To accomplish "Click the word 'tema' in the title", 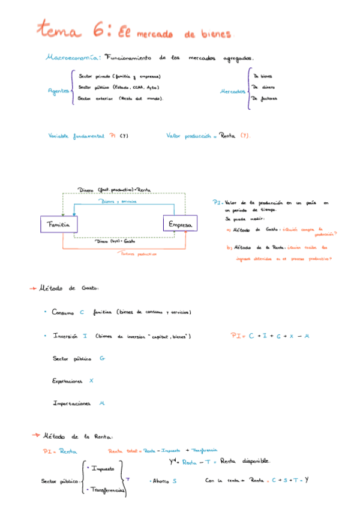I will [x=60, y=29].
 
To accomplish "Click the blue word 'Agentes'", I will [x=58, y=91].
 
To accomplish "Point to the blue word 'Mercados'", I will [x=233, y=91].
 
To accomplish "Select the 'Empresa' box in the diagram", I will [x=180, y=224].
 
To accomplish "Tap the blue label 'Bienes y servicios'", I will [x=119, y=202].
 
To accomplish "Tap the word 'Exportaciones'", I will [x=68, y=381].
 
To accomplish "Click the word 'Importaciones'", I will [x=71, y=403].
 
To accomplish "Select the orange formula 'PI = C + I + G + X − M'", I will [x=269, y=336].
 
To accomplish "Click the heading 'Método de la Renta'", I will [x=77, y=436].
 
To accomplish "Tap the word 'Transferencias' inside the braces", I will [x=106, y=490].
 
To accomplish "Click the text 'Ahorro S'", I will [x=164, y=481].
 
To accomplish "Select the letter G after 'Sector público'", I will [x=103, y=358].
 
